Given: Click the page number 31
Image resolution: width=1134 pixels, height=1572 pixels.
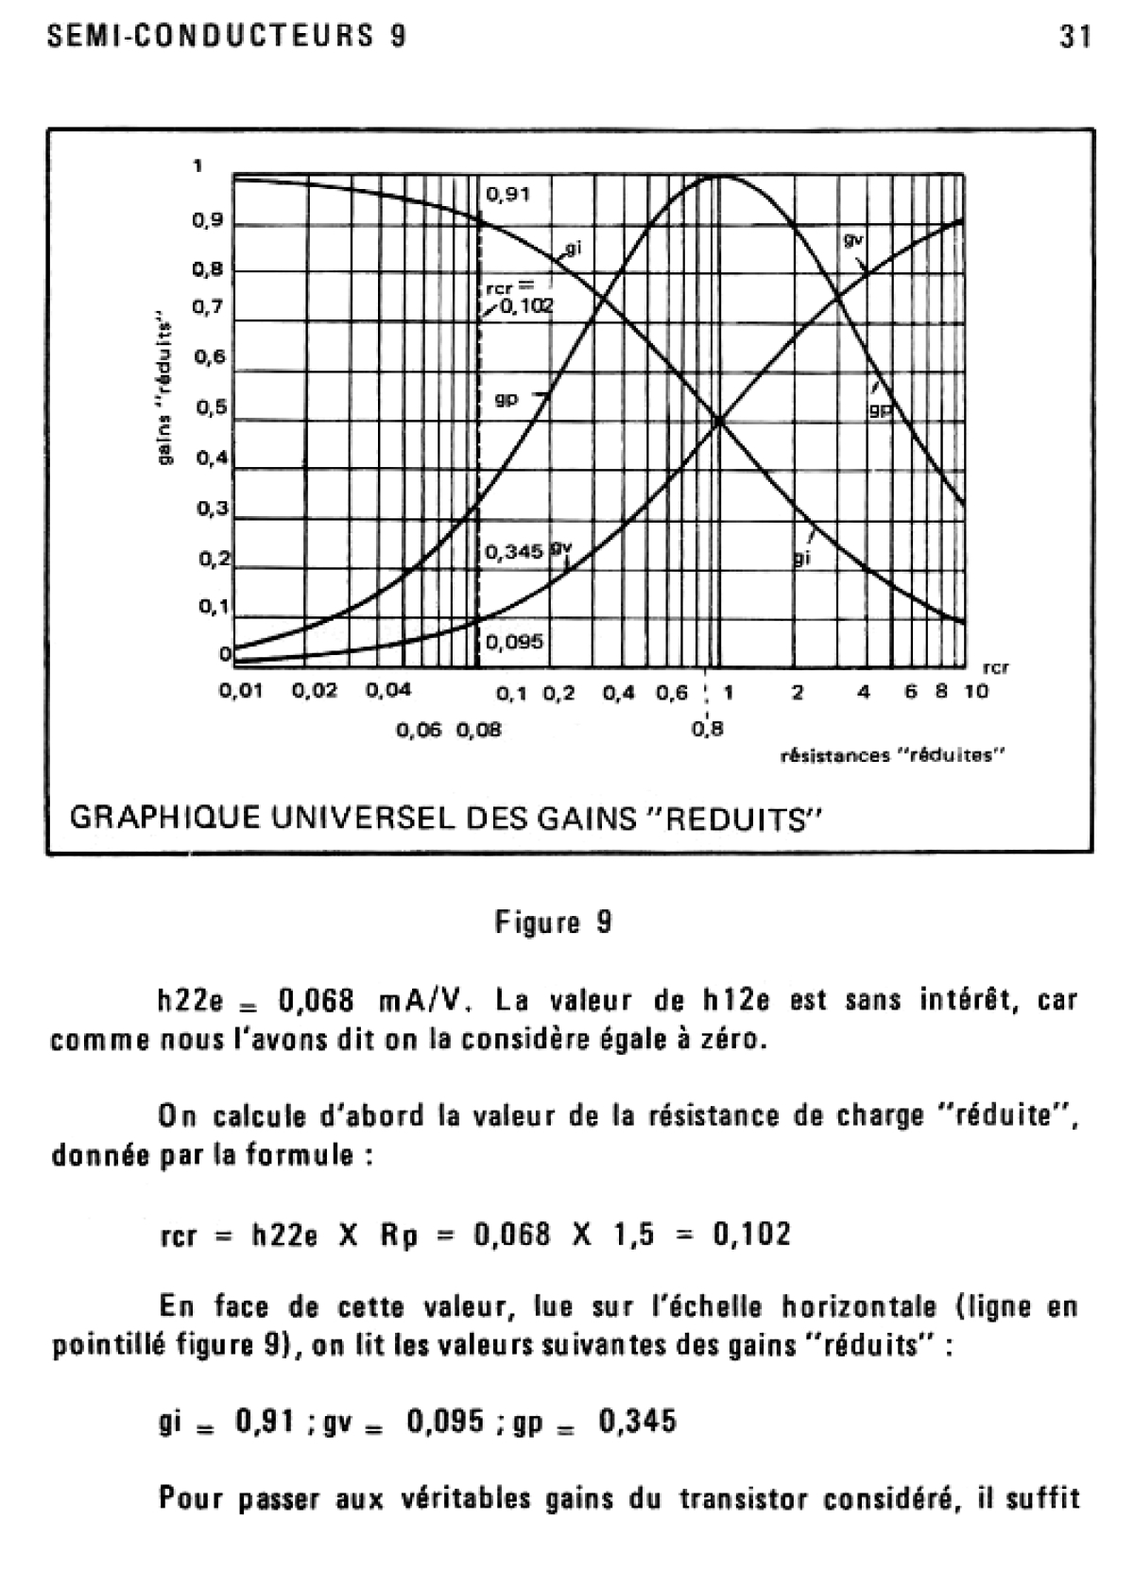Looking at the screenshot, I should pyautogui.click(x=1074, y=37).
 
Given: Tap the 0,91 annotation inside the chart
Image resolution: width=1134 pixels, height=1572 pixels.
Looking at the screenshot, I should pyautogui.click(x=508, y=195).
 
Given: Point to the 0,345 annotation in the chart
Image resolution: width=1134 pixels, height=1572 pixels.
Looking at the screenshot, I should pyautogui.click(x=514, y=551).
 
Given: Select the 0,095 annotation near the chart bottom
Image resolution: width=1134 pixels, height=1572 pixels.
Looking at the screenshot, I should pyautogui.click(x=514, y=642).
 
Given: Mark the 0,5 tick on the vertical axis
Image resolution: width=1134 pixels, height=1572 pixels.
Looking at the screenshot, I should pyautogui.click(x=210, y=407).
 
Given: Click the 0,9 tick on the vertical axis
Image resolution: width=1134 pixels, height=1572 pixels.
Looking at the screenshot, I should pyautogui.click(x=208, y=221).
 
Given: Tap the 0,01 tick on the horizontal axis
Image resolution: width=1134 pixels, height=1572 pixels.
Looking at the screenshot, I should pyautogui.click(x=240, y=691).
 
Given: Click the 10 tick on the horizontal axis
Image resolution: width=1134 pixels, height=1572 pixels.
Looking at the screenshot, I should pyautogui.click(x=976, y=691).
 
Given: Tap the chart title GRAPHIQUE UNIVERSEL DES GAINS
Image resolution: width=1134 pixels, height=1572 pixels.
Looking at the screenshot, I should pyautogui.click(x=442, y=817).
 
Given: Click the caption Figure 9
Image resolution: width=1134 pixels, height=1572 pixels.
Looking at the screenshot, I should pyautogui.click(x=554, y=922).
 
